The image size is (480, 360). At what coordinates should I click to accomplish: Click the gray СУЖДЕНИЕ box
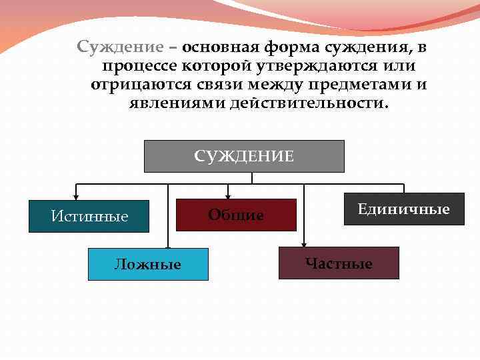coord(244,156)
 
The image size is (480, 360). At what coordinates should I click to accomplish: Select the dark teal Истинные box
coord(89,216)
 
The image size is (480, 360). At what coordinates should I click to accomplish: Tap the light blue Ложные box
coord(148,264)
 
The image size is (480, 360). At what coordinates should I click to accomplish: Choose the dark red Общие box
coord(236,215)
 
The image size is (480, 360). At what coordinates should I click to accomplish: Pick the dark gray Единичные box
coord(404,209)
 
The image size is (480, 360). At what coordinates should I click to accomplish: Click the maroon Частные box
coord(339,263)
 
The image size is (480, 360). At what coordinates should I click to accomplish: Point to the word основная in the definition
coord(221,47)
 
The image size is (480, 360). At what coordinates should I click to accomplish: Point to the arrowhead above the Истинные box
coord(77,197)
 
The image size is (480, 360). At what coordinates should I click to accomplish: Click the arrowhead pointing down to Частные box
coord(304,243)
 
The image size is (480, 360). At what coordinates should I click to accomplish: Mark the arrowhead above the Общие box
coord(228,196)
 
